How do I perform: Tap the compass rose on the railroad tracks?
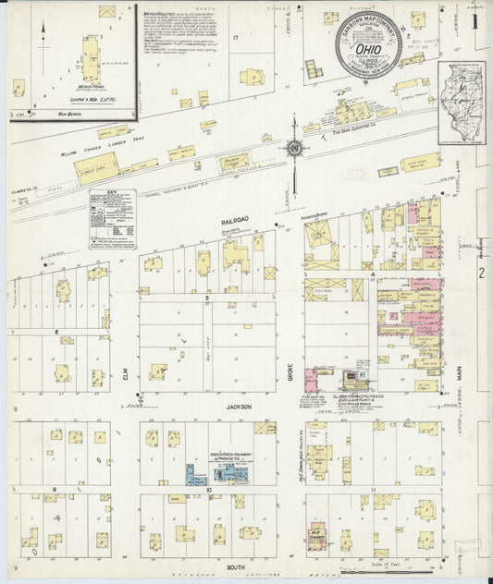[x=294, y=147]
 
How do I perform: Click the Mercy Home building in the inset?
[x=92, y=57]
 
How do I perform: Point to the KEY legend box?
[x=112, y=219]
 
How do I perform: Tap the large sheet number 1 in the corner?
[x=477, y=19]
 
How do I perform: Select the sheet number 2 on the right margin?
[x=481, y=274]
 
